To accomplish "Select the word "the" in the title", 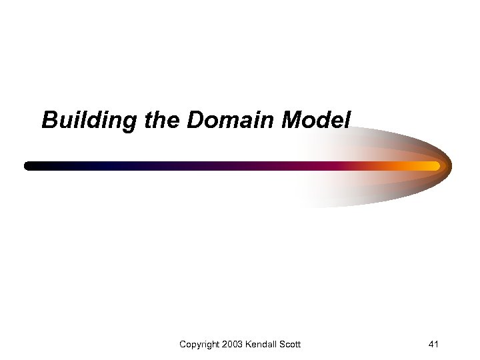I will point(161,121).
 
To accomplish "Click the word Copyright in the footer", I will point(200,345).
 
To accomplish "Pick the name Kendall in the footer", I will point(263,344).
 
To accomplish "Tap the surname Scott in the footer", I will point(290,344).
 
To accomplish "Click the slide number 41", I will point(433,344).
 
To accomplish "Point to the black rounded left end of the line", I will point(29,166).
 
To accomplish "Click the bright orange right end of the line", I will point(435,165).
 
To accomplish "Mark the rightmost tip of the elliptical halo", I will point(451,164).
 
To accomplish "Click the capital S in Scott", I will point(282,344).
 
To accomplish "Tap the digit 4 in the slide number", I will point(431,344).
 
